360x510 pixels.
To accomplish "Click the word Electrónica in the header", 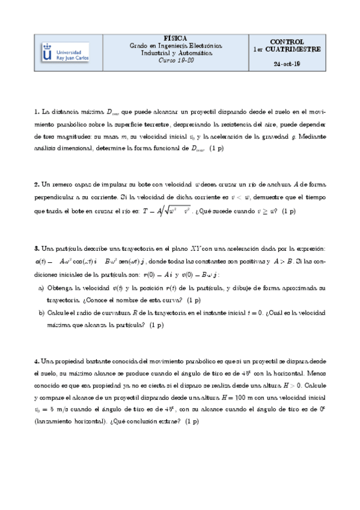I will pyautogui.click(x=203, y=46).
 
